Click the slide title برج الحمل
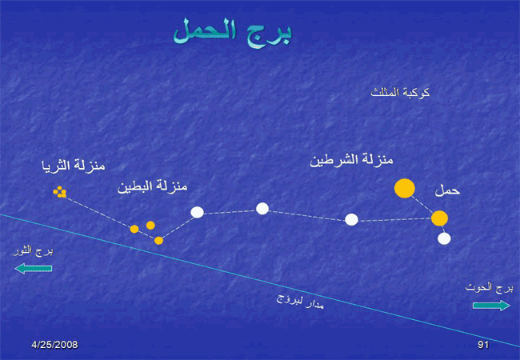[233, 33]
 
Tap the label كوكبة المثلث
[400, 92]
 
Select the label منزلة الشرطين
[351, 161]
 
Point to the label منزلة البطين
[153, 186]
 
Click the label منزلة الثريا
[74, 165]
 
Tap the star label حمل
[447, 190]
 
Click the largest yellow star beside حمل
[405, 188]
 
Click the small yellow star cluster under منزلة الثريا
[60, 192]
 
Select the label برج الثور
[33, 251]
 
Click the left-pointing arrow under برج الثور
[34, 268]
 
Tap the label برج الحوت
[489, 287]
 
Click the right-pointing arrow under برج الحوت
[491, 306]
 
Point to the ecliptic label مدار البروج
[300, 301]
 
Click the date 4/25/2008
[54, 345]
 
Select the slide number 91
[483, 345]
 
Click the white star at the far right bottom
[444, 238]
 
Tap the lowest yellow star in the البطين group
[159, 241]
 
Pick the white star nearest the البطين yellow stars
[197, 212]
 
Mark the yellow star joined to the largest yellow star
[439, 218]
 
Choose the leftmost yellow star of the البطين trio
[134, 229]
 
